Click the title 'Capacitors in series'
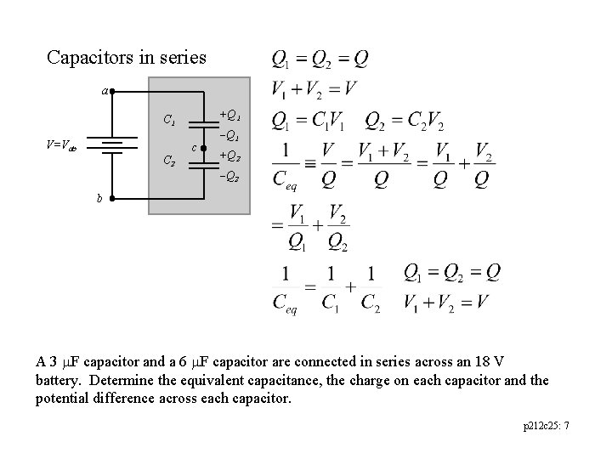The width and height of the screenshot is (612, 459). click(x=126, y=58)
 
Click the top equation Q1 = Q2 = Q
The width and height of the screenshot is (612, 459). click(x=320, y=59)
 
